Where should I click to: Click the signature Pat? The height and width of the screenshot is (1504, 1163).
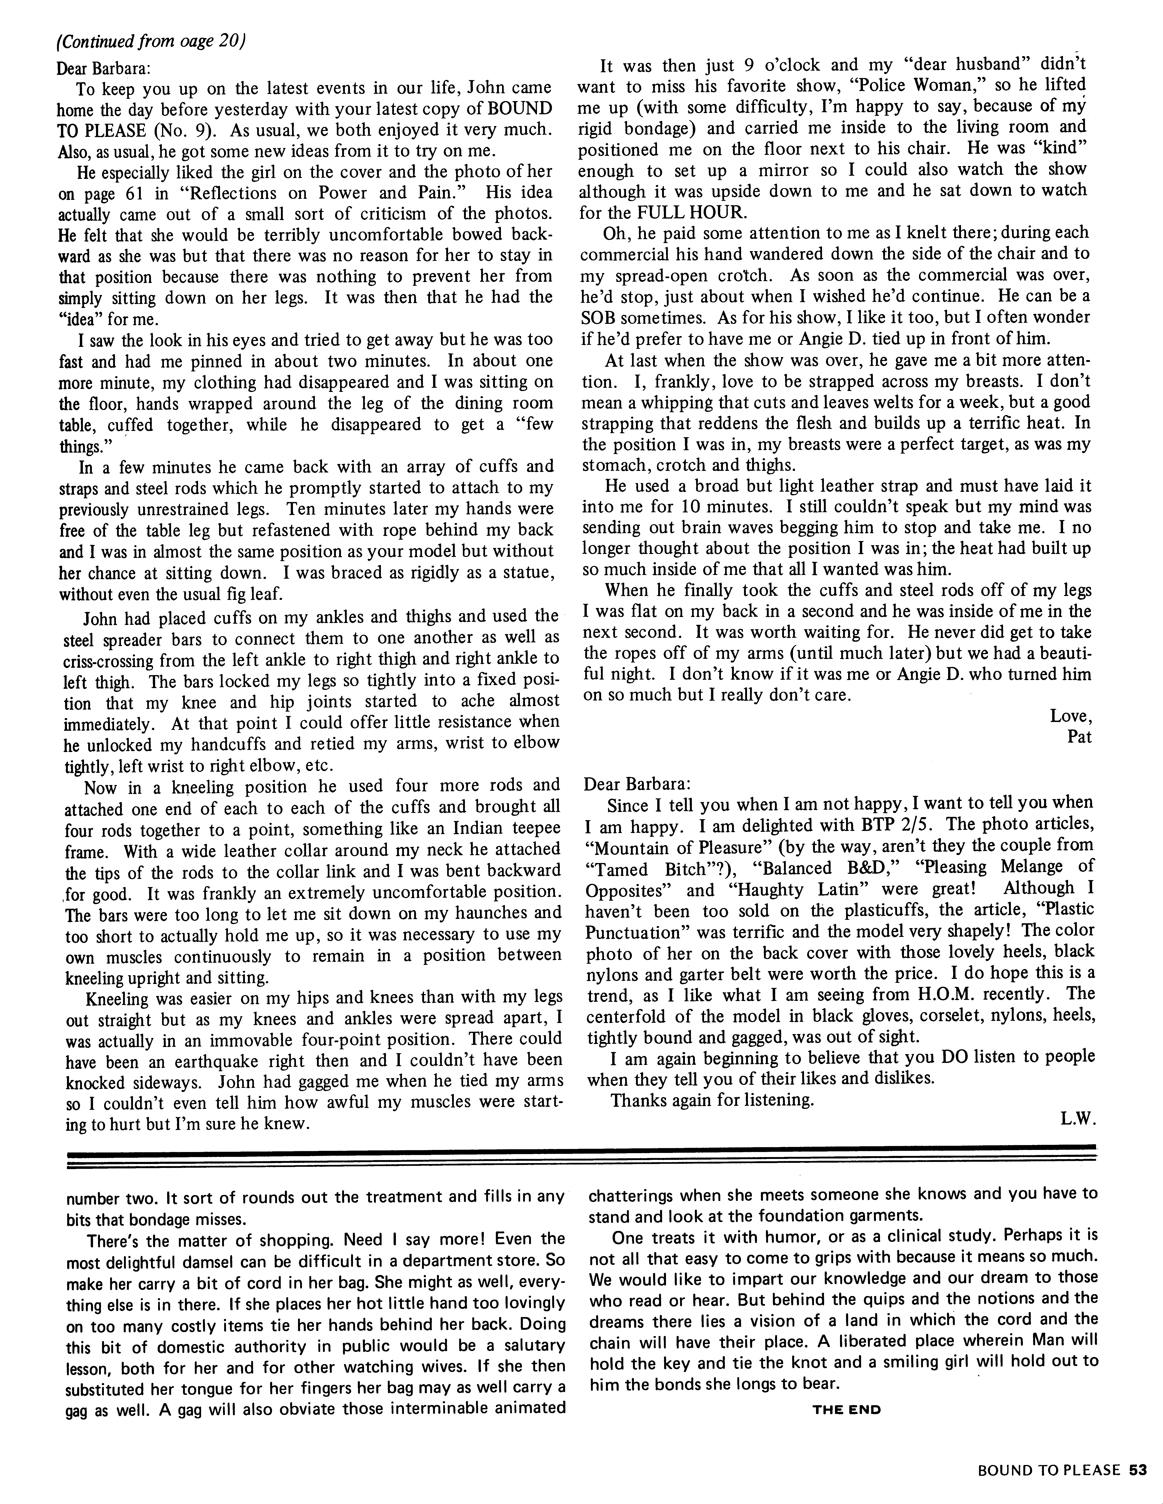1079,737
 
